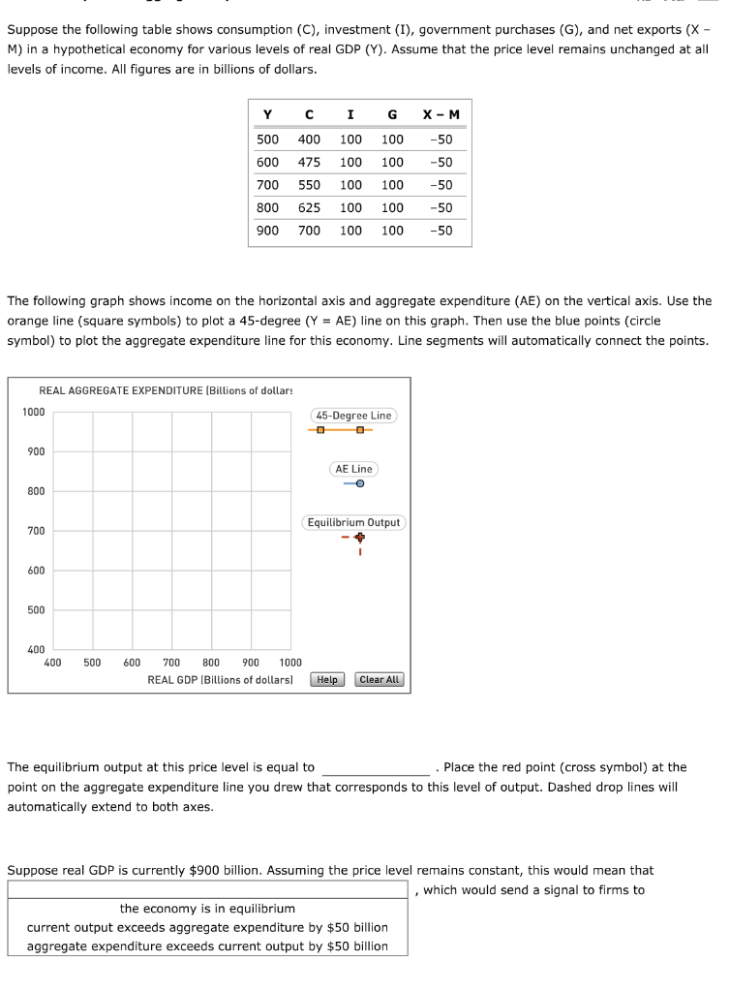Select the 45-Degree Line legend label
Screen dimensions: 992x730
point(353,416)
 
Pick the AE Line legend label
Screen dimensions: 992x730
point(353,469)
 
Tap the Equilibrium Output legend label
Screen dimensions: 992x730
point(353,522)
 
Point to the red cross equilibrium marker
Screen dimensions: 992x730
point(359,537)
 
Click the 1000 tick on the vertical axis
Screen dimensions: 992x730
point(34,412)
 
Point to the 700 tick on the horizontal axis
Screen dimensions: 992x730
point(171,663)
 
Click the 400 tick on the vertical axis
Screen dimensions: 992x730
point(34,649)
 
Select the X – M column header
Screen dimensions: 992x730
point(441,115)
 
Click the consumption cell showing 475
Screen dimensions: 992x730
point(309,162)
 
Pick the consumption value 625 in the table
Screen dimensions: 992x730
point(309,207)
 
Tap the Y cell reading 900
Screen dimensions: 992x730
point(267,231)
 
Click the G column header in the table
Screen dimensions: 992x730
point(391,115)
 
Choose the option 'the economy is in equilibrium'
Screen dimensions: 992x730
point(207,909)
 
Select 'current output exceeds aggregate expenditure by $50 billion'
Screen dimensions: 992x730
point(207,927)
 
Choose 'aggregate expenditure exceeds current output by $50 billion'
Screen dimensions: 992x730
point(207,946)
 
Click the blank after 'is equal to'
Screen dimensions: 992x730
point(376,767)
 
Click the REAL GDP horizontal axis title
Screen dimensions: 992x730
point(220,680)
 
